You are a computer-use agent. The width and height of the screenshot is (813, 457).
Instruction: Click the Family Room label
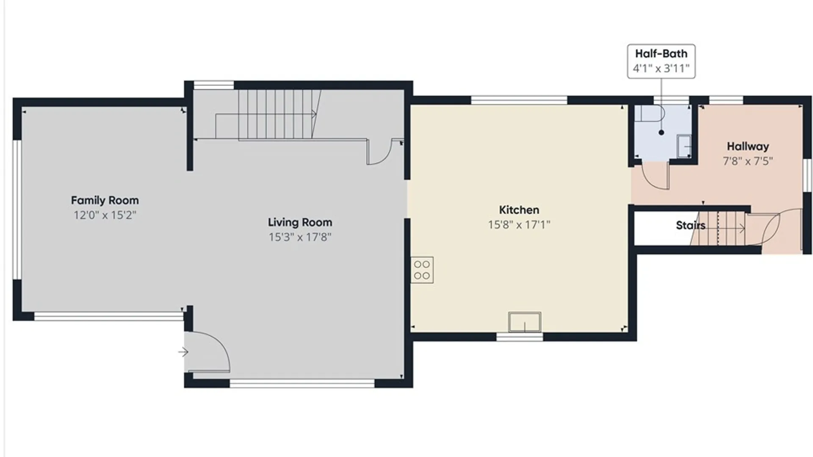pyautogui.click(x=105, y=200)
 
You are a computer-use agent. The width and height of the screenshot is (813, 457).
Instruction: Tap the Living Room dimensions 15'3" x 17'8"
pyautogui.click(x=300, y=237)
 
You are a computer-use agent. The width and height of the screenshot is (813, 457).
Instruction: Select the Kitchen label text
pyautogui.click(x=519, y=210)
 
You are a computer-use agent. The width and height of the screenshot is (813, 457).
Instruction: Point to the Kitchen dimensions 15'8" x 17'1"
pyautogui.click(x=519, y=225)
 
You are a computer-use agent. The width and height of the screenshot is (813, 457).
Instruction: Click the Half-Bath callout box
pyautogui.click(x=661, y=61)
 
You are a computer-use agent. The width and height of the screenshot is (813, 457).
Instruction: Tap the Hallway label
pyautogui.click(x=748, y=146)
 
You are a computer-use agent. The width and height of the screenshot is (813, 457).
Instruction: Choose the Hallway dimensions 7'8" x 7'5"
pyautogui.click(x=748, y=161)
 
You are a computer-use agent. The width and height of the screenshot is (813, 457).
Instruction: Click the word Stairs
pyautogui.click(x=690, y=226)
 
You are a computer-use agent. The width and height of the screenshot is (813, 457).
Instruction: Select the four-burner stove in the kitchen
pyautogui.click(x=422, y=270)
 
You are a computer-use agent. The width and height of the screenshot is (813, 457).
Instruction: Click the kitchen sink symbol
pyautogui.click(x=525, y=322)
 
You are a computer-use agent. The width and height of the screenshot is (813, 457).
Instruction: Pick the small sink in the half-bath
pyautogui.click(x=684, y=146)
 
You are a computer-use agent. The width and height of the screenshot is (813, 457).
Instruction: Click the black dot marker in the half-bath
pyautogui.click(x=661, y=132)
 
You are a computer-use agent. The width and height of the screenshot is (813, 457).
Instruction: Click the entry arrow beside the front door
pyautogui.click(x=183, y=352)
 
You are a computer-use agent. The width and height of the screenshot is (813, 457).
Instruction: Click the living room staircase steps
pyautogui.click(x=275, y=114)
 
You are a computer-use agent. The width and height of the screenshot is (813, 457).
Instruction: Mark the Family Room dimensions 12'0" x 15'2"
pyautogui.click(x=105, y=215)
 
